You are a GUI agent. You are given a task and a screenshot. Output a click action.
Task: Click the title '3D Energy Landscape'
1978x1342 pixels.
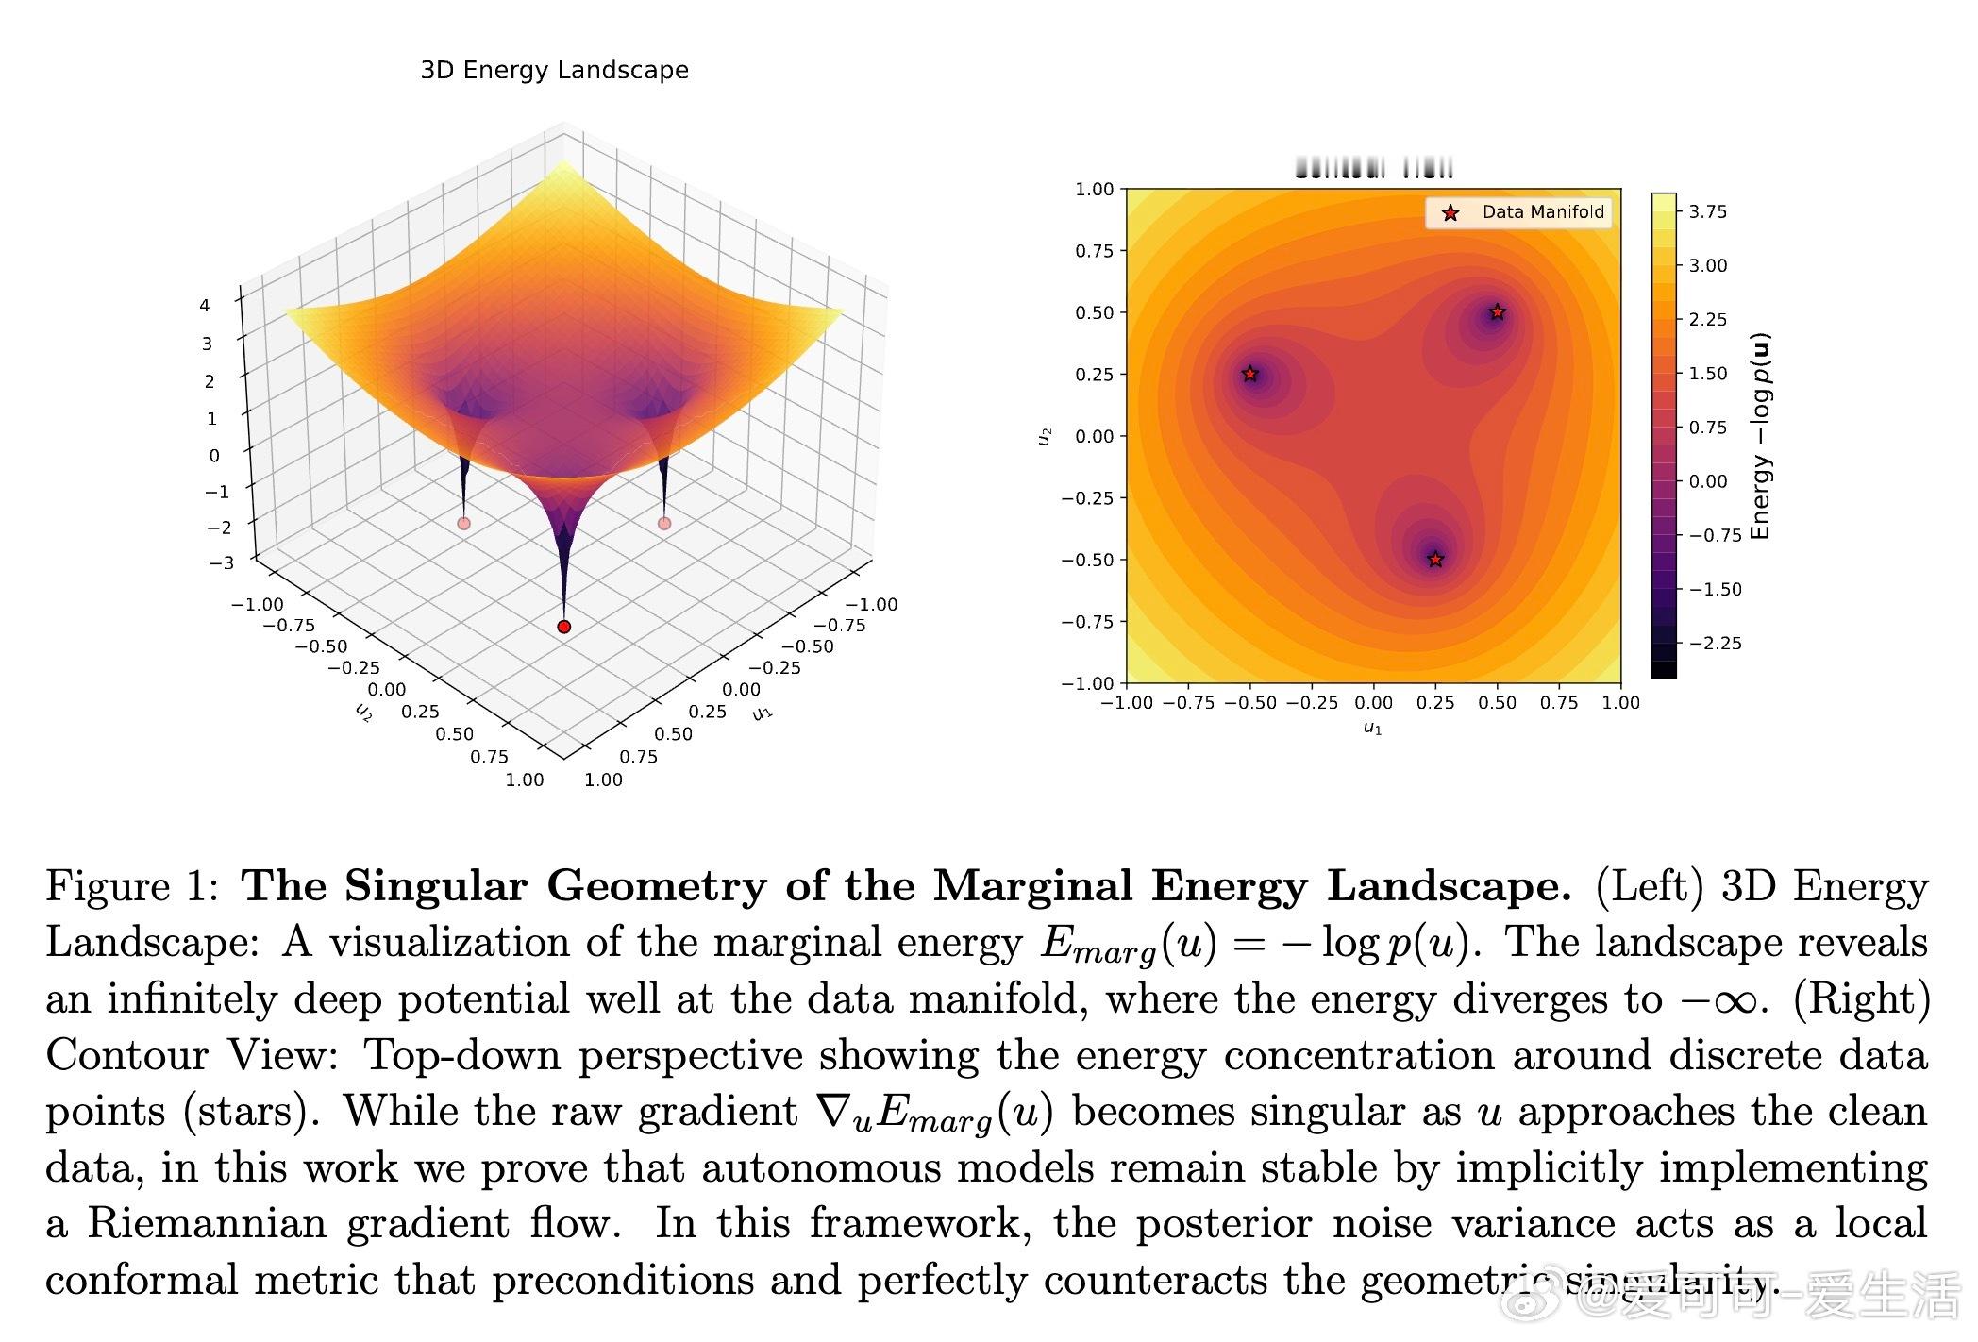[x=554, y=71]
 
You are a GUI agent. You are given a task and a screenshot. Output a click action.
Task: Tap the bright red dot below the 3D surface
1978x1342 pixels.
[x=564, y=627]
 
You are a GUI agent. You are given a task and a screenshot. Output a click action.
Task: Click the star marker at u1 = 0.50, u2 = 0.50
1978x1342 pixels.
[x=1497, y=312]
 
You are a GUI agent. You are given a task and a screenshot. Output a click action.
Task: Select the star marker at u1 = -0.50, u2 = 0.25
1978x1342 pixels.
[x=1250, y=374]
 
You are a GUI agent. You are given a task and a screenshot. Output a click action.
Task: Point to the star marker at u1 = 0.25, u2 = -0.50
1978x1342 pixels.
[x=1435, y=560]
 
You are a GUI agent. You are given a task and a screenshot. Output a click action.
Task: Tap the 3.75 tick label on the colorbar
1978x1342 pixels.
[x=1707, y=212]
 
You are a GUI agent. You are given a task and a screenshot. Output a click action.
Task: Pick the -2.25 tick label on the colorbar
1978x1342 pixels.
[x=1715, y=644]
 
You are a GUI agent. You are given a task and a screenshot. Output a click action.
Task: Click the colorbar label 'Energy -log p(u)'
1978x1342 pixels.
[x=1760, y=436]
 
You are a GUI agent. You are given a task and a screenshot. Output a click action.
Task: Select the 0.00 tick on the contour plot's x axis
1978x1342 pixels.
[x=1373, y=703]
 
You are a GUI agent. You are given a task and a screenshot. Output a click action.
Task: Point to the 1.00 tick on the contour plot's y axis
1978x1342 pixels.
[x=1095, y=190]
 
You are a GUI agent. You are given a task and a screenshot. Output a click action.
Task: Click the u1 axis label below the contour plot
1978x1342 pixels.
[x=1372, y=729]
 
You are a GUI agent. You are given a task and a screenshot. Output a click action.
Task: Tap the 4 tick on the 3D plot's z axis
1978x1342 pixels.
[x=205, y=305]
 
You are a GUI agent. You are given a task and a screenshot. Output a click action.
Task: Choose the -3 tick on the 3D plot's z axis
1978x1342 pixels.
[x=221, y=563]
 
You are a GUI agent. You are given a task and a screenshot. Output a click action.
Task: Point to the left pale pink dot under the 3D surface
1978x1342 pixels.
[x=463, y=523]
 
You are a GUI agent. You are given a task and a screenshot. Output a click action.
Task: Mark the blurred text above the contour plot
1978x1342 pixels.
[x=1374, y=169]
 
